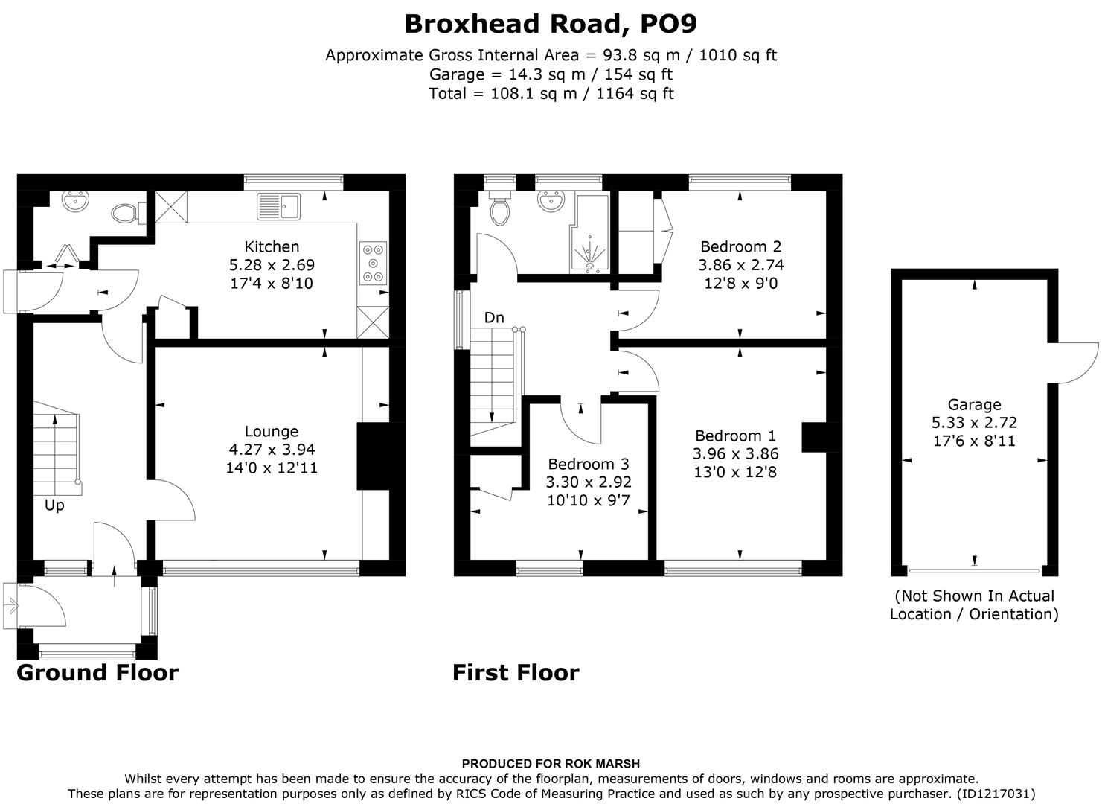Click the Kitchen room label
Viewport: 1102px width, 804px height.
pos(272,246)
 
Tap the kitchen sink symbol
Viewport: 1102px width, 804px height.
pos(278,206)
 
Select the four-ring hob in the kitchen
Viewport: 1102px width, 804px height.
pos(373,264)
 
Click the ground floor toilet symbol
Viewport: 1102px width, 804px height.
pos(125,214)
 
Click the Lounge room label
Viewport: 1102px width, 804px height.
pos(272,431)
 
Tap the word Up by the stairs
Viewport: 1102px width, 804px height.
pos(54,505)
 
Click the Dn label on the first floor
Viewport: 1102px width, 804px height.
pos(494,318)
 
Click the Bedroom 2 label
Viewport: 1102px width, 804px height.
pos(740,246)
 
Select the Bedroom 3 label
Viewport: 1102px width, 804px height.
pos(589,464)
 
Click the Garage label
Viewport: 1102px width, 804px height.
pos(974,404)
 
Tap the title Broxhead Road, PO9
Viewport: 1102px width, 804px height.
pos(551,24)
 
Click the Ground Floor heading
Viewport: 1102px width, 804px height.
pos(97,673)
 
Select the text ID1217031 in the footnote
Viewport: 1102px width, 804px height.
pos(995,794)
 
